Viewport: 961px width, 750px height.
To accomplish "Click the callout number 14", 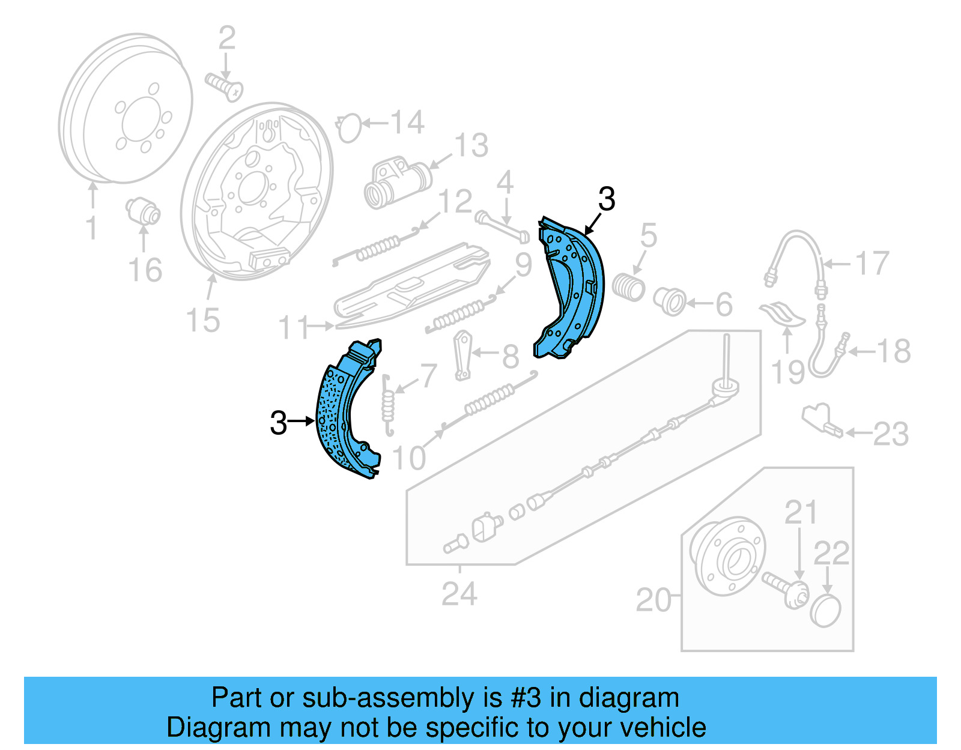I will click(x=408, y=122).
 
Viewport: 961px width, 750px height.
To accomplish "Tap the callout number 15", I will click(x=203, y=320).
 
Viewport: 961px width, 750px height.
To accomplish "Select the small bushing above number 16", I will click(x=144, y=211).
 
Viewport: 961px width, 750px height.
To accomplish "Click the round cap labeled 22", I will click(x=826, y=611).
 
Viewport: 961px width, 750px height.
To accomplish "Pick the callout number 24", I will click(x=459, y=594).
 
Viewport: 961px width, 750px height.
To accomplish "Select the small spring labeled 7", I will click(x=389, y=405).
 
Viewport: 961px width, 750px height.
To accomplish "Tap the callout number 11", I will click(x=294, y=328).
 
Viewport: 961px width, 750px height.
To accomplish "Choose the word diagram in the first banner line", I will click(x=629, y=698).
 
